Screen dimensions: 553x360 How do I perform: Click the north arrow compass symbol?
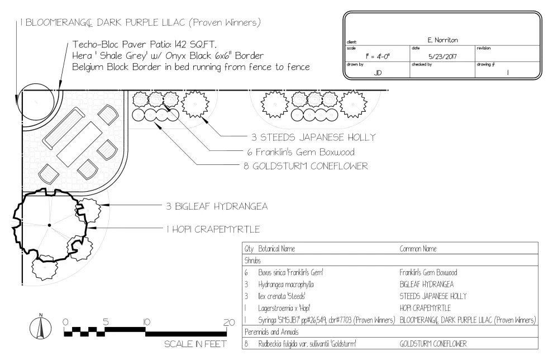pos(40,328)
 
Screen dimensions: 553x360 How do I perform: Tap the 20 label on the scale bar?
pos(229,322)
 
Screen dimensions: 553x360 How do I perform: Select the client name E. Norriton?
pos(442,40)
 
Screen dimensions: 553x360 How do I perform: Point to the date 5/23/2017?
pos(442,56)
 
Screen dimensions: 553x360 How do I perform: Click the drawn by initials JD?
pos(378,73)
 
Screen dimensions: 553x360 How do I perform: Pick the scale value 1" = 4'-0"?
pos(378,56)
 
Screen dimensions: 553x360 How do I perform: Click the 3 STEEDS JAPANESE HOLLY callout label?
pos(313,137)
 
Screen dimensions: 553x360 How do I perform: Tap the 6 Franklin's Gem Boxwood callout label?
pos(301,152)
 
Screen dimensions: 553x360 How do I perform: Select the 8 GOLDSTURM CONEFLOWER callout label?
pos(306,166)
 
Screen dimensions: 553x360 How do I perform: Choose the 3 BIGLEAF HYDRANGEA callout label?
pos(217,206)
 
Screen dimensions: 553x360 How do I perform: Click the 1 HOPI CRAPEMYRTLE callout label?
pos(213,229)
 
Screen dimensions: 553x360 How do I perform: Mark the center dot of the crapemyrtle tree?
pos(49,225)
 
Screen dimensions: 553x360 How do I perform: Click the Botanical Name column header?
pos(276,249)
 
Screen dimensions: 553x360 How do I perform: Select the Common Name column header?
pos(418,249)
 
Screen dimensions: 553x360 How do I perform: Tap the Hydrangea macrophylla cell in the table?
pos(285,285)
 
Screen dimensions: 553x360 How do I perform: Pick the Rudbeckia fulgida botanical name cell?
pos(307,344)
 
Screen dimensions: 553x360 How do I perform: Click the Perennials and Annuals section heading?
pos(271,332)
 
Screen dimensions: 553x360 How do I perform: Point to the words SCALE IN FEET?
pos(196,344)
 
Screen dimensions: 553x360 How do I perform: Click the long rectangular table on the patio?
pos(80,144)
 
